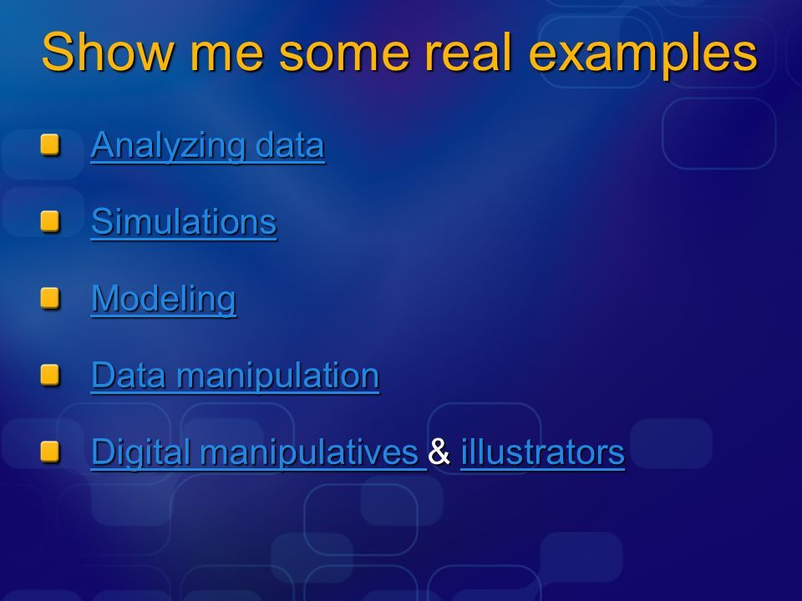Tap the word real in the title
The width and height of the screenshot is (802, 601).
[468, 52]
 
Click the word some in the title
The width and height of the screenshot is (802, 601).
[344, 53]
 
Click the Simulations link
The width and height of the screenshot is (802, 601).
[184, 222]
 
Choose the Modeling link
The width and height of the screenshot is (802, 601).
[164, 299]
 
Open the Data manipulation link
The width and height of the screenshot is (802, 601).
[236, 376]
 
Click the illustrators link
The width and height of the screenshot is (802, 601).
[543, 452]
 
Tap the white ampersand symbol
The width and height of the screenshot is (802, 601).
[439, 452]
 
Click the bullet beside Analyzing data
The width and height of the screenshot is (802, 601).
[50, 144]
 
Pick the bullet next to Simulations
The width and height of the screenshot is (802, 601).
[50, 221]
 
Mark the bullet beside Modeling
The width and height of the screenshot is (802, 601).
[50, 298]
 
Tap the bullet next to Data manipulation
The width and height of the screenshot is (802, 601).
[50, 375]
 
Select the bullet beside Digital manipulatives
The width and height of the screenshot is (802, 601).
[50, 452]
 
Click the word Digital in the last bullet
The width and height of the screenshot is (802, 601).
[140, 452]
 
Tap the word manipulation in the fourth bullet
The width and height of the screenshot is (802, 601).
[277, 376]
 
